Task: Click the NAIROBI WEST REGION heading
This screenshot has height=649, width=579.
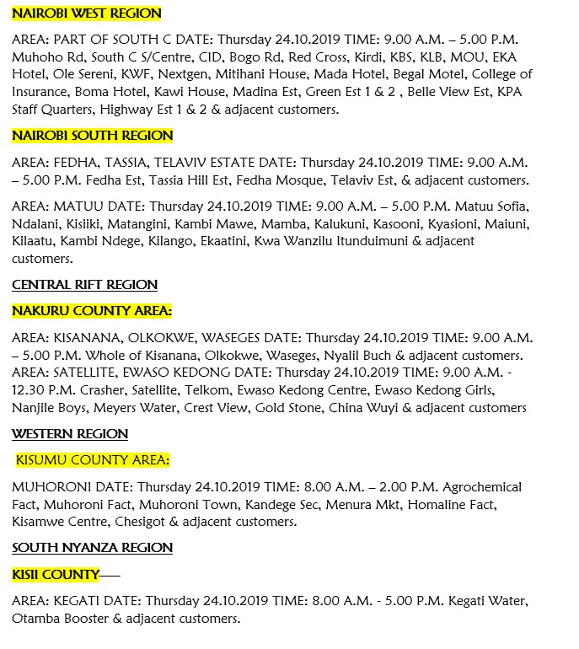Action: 86,14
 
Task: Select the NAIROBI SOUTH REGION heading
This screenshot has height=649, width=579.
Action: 92,136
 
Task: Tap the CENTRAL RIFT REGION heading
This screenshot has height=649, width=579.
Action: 84,285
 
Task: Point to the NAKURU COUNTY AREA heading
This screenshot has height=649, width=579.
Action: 92,311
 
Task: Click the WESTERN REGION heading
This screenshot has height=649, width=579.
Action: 70,434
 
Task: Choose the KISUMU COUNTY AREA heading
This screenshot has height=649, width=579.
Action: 93,460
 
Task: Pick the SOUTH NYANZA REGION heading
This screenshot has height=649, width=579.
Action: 92,548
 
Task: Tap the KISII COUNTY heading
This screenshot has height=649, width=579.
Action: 56,575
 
